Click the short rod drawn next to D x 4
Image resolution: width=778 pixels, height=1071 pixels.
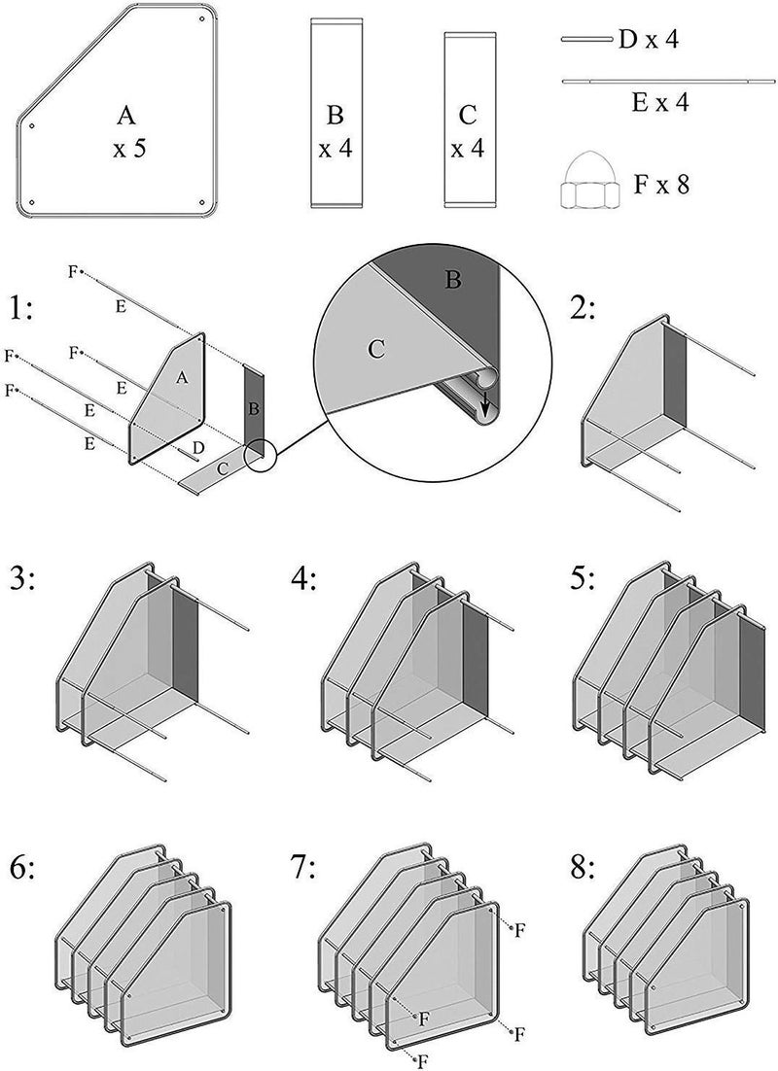click(x=586, y=40)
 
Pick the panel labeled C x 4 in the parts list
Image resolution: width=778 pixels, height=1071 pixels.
click(x=467, y=119)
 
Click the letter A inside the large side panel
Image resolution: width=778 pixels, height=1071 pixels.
click(x=125, y=117)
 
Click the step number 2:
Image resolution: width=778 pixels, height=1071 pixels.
click(x=589, y=309)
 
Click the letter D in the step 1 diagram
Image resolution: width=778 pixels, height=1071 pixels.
click(x=197, y=446)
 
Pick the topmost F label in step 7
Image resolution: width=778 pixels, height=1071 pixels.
click(x=520, y=930)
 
